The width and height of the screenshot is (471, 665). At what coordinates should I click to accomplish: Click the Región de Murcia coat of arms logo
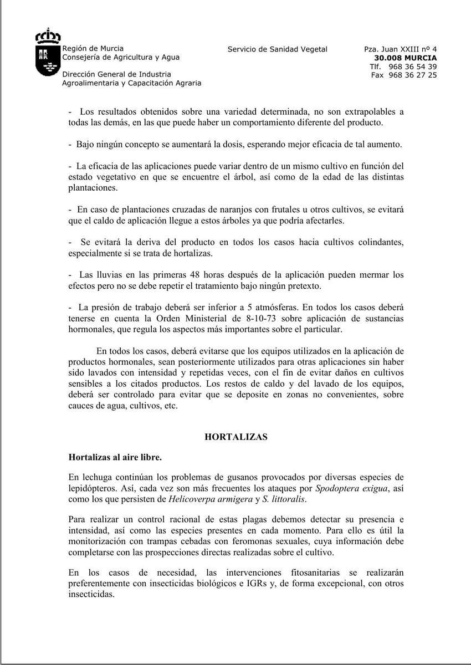pyautogui.click(x=48, y=53)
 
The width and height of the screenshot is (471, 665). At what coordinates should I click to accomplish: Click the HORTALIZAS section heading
pyautogui.click(x=236, y=437)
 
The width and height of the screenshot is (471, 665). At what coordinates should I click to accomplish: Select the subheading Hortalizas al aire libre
pyautogui.click(x=115, y=457)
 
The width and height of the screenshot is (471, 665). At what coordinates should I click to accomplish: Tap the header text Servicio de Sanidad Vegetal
pyautogui.click(x=277, y=49)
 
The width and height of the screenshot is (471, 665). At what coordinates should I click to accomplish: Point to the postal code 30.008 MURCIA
pyautogui.click(x=405, y=58)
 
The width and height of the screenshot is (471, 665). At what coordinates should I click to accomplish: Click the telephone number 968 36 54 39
pyautogui.click(x=413, y=66)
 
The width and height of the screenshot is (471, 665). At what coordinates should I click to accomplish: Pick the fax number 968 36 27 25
pyautogui.click(x=413, y=75)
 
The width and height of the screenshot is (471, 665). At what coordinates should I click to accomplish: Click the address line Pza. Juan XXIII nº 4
pyautogui.click(x=400, y=49)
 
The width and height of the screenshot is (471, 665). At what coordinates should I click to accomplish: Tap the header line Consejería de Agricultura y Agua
pyautogui.click(x=121, y=57)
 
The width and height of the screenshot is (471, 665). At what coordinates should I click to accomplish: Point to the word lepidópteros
pyautogui.click(x=91, y=489)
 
